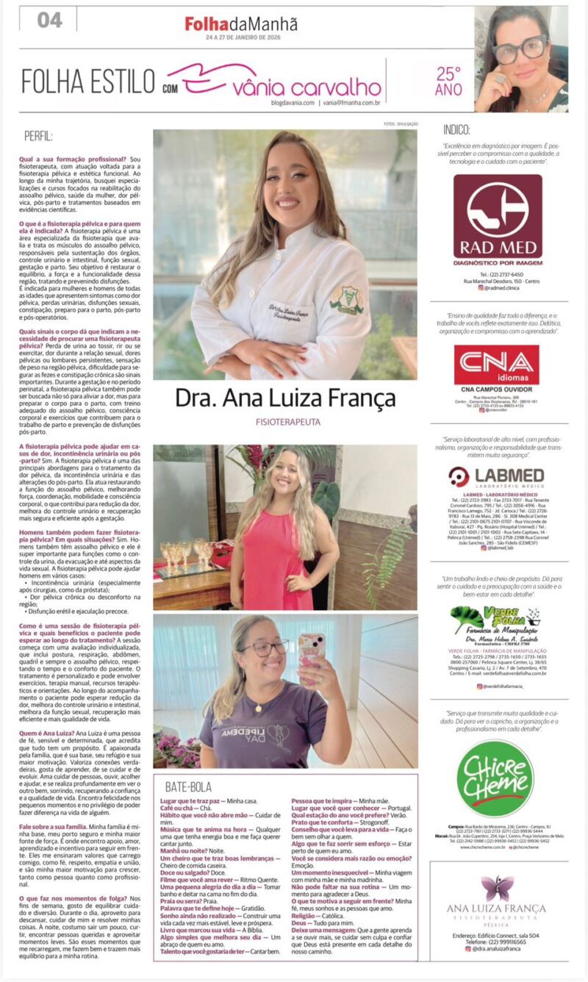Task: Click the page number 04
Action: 49,20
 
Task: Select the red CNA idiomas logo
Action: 496,365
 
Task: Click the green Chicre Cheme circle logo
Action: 495,777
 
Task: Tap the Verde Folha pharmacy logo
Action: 495,621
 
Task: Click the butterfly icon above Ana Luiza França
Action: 498,889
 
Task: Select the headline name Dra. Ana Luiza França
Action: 285,398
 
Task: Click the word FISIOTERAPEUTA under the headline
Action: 285,423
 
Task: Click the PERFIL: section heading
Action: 37,136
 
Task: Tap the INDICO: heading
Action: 457,129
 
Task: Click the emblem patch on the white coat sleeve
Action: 346,299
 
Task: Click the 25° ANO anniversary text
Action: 449,80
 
